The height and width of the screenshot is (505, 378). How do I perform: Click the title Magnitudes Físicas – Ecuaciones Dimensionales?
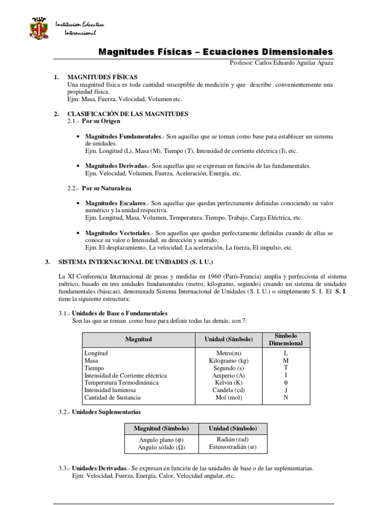[216, 52]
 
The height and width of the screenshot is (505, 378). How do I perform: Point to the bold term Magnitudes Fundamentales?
[123, 136]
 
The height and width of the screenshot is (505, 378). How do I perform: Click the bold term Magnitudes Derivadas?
[116, 166]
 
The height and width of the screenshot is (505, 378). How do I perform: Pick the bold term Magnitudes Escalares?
[115, 203]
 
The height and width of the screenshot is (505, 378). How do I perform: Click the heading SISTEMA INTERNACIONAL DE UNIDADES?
[136, 262]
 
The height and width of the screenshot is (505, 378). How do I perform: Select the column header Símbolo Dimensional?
[285, 339]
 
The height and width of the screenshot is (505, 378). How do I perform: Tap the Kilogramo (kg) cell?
[228, 361]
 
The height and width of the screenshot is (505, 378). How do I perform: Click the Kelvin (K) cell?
[228, 382]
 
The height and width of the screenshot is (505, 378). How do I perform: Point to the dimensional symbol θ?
[286, 382]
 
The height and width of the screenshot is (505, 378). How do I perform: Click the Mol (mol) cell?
[228, 397]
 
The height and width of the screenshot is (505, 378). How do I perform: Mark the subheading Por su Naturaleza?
[106, 188]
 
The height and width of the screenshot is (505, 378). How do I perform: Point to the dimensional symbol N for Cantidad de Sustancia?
[286, 397]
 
